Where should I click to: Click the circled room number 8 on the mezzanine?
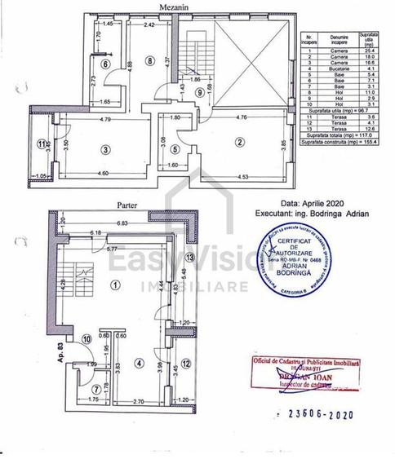[149, 60]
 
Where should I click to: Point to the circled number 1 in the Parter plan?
[115, 285]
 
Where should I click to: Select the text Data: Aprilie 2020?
[313, 205]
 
